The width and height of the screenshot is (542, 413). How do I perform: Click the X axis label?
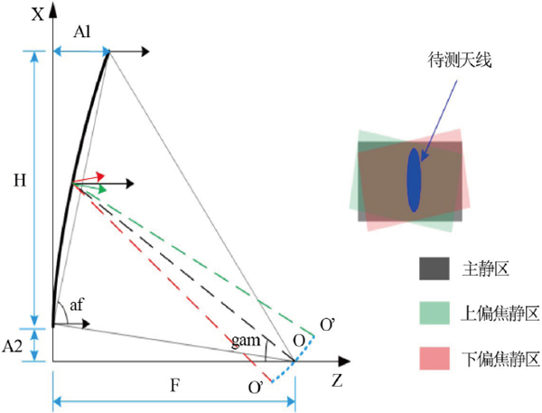(x=38, y=14)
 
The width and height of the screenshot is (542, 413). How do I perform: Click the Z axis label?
(x=337, y=380)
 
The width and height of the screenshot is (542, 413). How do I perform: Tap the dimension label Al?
(x=82, y=32)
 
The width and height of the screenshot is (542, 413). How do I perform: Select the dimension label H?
(x=20, y=180)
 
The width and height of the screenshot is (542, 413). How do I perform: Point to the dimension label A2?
(x=13, y=345)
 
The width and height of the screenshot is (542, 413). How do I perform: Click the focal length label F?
(x=175, y=385)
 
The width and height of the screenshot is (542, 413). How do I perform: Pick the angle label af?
(x=77, y=305)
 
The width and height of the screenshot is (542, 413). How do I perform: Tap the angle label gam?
(x=246, y=341)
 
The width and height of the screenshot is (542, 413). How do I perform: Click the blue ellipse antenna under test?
(x=414, y=180)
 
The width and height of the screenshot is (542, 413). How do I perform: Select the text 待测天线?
(x=460, y=60)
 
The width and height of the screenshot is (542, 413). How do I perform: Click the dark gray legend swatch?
(x=435, y=268)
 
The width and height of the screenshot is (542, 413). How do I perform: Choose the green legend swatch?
(x=435, y=313)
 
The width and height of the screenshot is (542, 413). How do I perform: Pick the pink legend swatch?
(x=435, y=359)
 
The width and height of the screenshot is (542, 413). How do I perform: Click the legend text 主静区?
(x=486, y=268)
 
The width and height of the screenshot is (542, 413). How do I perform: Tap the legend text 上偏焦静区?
(x=500, y=314)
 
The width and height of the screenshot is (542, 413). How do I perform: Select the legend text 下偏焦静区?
(x=500, y=359)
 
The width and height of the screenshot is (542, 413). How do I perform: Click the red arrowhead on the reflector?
(x=100, y=176)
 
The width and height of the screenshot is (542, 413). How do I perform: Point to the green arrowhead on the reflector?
(x=102, y=189)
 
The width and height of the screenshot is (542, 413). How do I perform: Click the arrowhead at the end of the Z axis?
(x=344, y=361)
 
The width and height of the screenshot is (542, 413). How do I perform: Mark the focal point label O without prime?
(x=299, y=341)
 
